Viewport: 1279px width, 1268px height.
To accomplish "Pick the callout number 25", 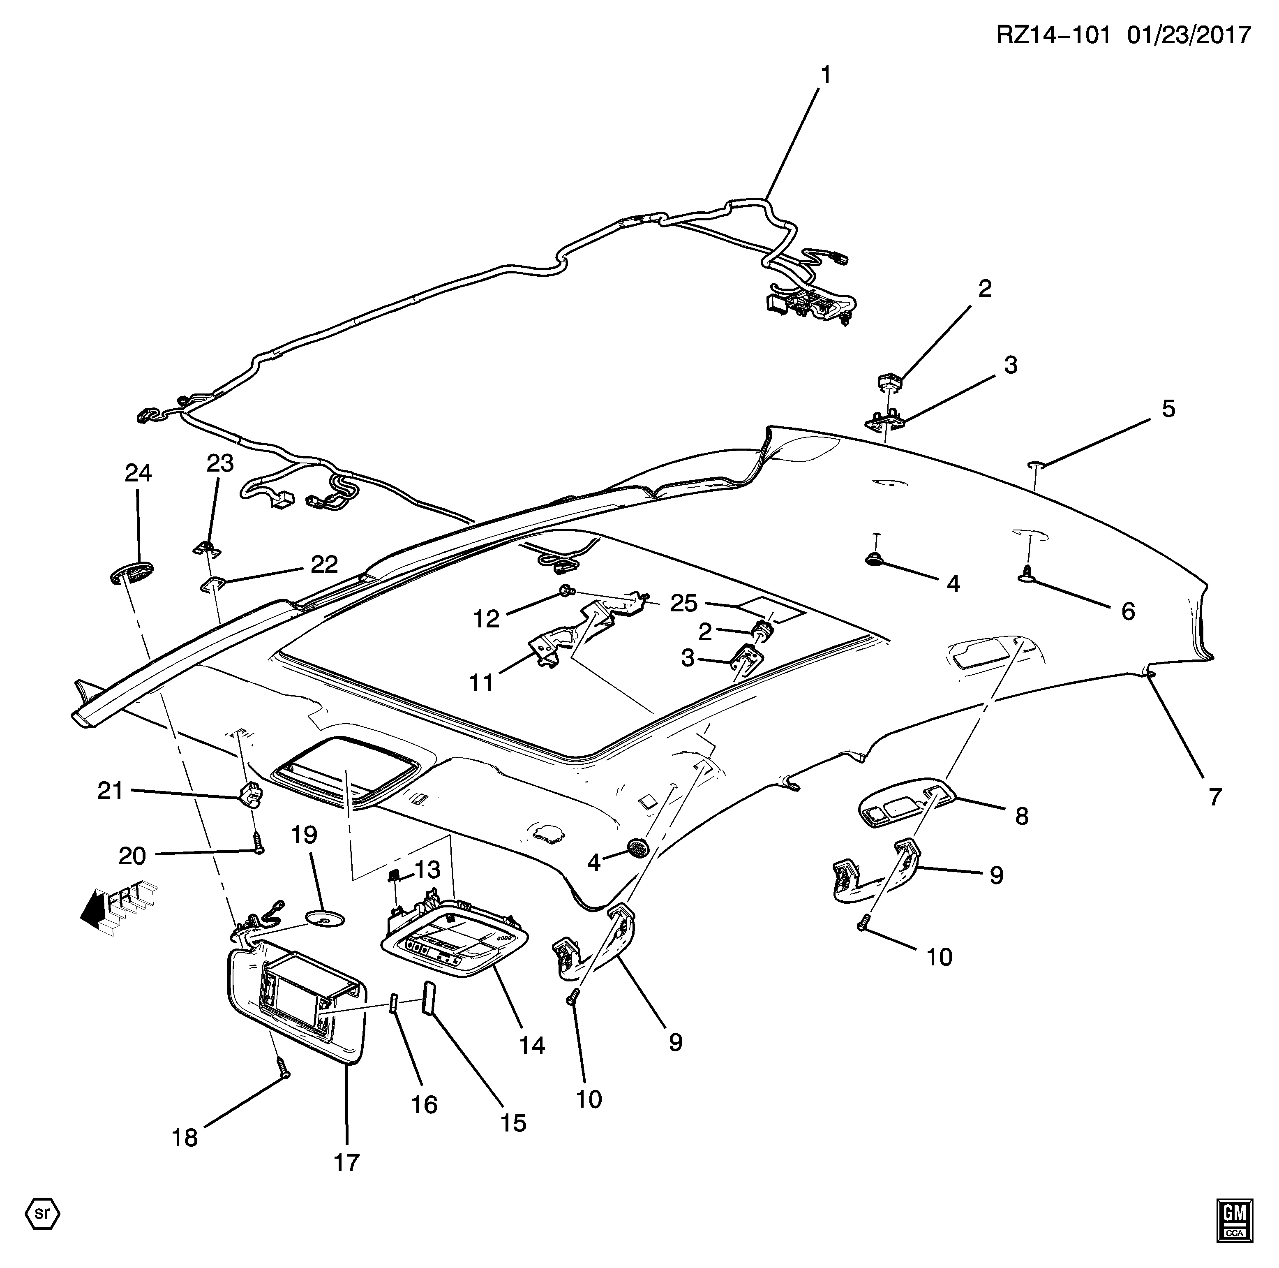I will pyautogui.click(x=684, y=603).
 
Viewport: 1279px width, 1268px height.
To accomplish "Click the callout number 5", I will pyautogui.click(x=1168, y=409).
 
